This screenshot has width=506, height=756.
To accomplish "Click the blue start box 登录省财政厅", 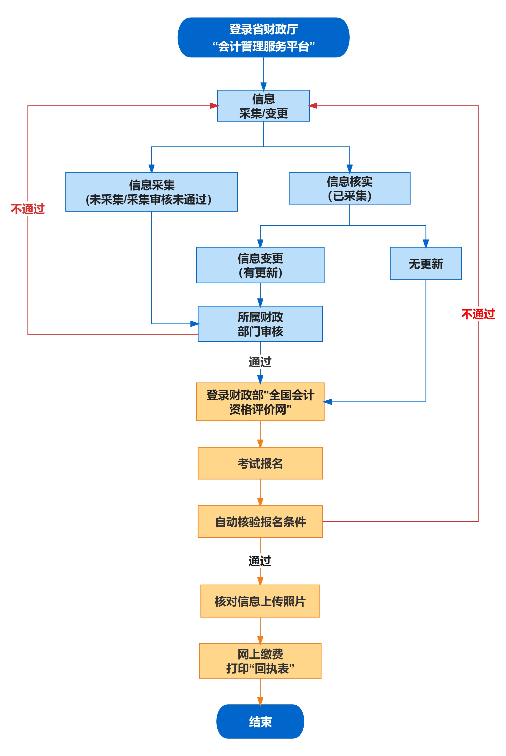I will coord(263,38).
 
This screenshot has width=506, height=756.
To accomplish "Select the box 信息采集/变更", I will coord(263,106).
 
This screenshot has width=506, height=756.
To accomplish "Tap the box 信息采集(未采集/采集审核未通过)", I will coord(151,192).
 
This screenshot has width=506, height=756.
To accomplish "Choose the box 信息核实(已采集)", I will coord(349,188).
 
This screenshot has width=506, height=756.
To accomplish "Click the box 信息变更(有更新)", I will coord(260,265).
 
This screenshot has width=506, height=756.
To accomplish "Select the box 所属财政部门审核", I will coord(260,324).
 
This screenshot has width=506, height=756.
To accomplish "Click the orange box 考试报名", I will coord(260,463).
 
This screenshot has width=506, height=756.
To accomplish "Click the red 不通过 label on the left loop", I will coord(28,209).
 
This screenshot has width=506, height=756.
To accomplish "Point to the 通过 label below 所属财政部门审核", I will coord(260,362).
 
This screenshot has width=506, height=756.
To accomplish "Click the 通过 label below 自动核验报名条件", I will coord(260,561).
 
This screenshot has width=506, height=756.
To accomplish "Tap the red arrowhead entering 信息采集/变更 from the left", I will coord(214,106).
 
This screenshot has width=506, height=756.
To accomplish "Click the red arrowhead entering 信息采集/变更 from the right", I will coord(313,106).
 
